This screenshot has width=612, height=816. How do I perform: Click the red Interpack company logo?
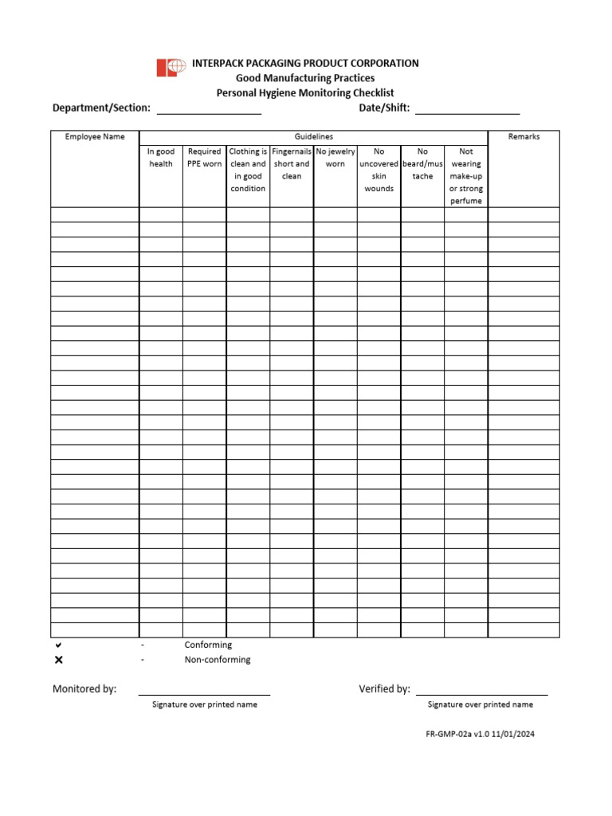[x=171, y=68]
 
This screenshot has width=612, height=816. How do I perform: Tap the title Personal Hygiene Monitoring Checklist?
[x=305, y=93]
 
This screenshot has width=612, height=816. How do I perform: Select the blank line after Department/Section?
[x=209, y=112]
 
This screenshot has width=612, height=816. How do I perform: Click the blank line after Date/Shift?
[x=467, y=112]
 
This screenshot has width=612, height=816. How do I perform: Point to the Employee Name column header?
[x=95, y=137]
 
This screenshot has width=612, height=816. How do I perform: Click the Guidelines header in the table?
[x=313, y=137]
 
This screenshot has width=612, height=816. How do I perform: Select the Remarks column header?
[x=524, y=137]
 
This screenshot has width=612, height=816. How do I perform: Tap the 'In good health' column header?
[x=161, y=158]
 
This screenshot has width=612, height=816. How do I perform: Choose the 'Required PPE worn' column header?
[x=204, y=158]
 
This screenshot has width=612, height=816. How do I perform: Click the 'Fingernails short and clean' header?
[x=292, y=163]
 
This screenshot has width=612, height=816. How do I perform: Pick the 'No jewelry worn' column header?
[x=335, y=158]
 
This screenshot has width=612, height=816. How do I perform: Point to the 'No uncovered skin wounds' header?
[x=379, y=170]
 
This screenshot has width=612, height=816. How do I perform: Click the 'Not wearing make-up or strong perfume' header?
[x=466, y=176]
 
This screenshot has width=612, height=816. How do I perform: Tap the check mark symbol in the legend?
[x=59, y=645]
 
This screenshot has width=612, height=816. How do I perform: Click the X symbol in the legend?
[x=59, y=660]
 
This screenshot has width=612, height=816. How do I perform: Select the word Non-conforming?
[x=218, y=660]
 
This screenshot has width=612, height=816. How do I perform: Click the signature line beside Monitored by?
[x=204, y=693]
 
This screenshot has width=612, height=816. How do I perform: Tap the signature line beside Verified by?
[x=481, y=693]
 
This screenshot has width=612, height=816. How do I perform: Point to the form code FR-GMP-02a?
[x=451, y=735]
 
